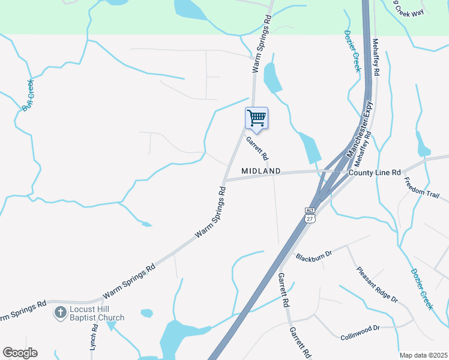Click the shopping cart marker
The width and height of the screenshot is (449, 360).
click(x=256, y=118)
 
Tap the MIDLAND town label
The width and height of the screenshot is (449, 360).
click(x=261, y=171)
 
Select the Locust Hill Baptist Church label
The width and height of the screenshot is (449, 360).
click(x=95, y=314)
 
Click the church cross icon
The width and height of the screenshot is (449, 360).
click(x=59, y=313)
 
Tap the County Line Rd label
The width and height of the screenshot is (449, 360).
click(x=375, y=172)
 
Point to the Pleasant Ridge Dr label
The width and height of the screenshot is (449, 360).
click(x=376, y=284)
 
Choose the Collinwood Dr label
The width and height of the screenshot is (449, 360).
click(x=360, y=328)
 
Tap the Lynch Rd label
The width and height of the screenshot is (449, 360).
click(x=94, y=338)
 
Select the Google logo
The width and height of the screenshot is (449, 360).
click(x=19, y=353)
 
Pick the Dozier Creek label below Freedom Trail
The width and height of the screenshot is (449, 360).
click(x=422, y=289)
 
